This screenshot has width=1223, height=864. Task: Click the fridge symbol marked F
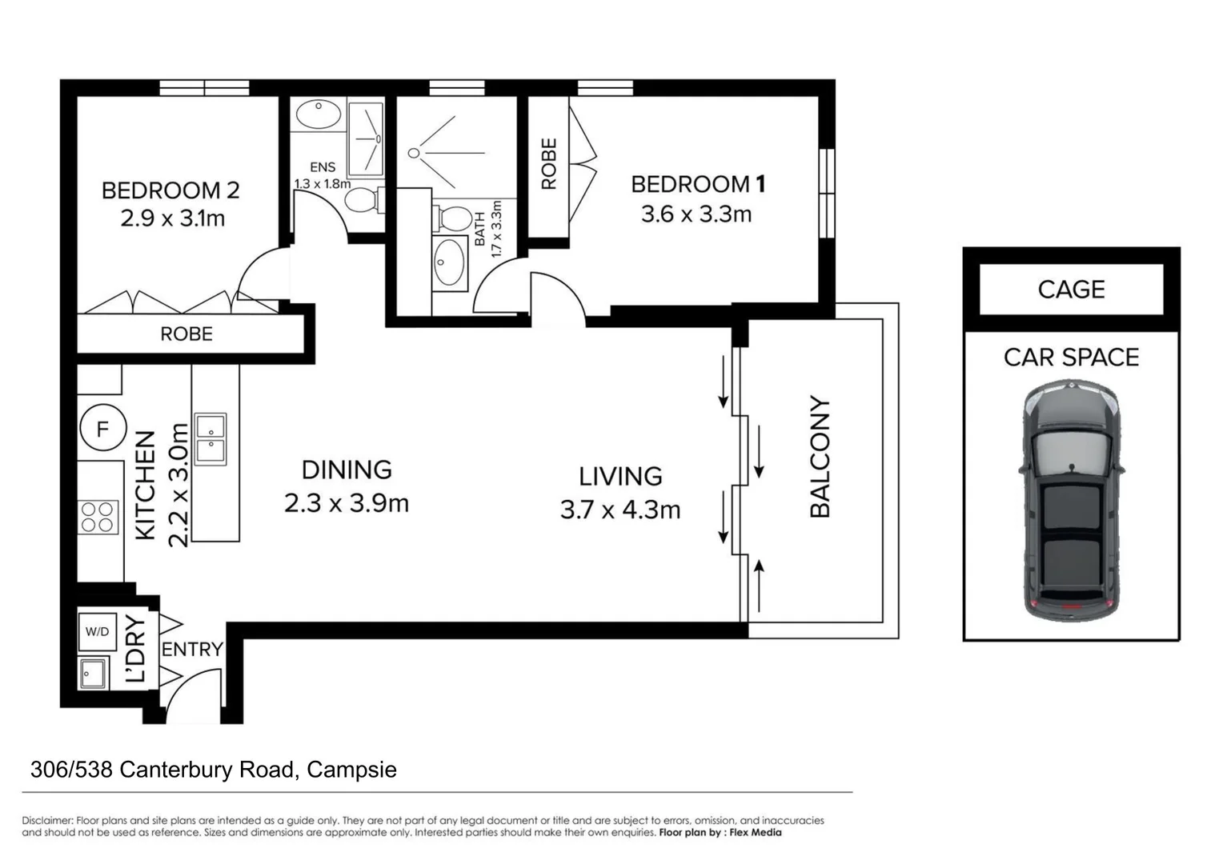[102, 427]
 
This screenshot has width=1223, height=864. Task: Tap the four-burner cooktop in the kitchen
[98, 517]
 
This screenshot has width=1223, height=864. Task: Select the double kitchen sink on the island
[211, 439]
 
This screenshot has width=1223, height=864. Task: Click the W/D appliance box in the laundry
[97, 632]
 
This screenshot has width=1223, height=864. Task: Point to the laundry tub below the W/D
[94, 673]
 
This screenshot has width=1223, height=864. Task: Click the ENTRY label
[192, 649]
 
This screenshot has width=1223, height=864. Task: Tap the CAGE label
[1071, 290]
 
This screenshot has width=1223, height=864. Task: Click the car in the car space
[1071, 501]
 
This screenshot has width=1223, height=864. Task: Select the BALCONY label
[820, 456]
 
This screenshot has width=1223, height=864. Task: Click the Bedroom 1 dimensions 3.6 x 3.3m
[696, 214]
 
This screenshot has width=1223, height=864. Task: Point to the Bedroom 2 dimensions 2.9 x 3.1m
[173, 218]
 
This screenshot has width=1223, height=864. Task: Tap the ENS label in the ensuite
[322, 167]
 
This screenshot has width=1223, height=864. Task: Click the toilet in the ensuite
[364, 200]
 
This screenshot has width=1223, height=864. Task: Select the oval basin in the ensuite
[319, 114]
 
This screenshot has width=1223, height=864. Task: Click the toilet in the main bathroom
[452, 218]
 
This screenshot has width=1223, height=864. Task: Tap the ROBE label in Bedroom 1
[549, 163]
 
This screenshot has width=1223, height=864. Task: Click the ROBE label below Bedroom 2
[186, 334]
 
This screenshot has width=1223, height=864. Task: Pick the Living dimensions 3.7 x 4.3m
[620, 510]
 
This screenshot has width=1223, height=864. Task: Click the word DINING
[347, 470]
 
